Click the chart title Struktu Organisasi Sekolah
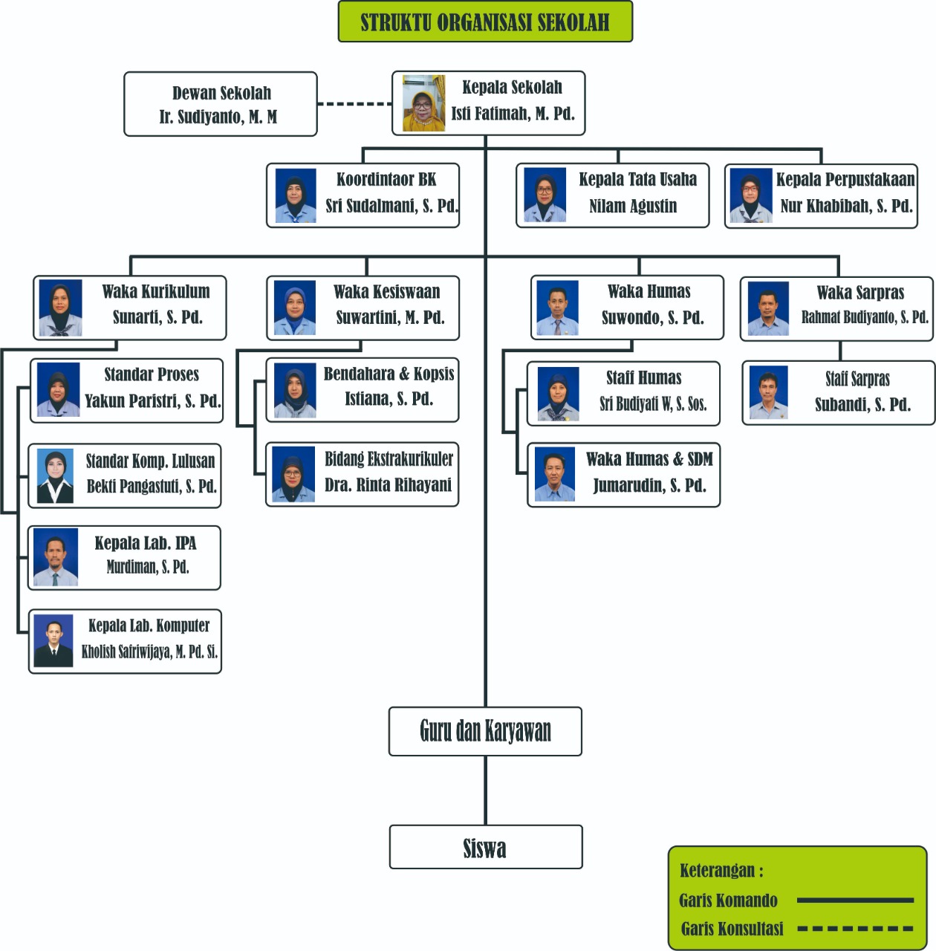click(485, 22)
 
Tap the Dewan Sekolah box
click(221, 104)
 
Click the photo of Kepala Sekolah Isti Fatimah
click(423, 103)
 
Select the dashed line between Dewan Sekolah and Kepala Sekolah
click(354, 103)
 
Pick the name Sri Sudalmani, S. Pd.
click(391, 206)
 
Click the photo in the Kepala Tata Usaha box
click(545, 195)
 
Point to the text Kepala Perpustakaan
click(845, 179)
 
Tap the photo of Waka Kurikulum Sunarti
click(60, 308)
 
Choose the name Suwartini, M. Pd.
click(390, 318)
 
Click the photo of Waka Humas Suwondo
click(557, 308)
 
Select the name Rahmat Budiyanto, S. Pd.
click(865, 317)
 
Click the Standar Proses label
click(152, 374)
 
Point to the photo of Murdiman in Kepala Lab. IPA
click(56, 557)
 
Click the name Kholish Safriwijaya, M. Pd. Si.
click(149, 652)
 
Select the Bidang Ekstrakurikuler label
click(389, 459)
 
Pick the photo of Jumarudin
click(555, 475)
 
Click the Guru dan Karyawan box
click(485, 731)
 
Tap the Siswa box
click(485, 848)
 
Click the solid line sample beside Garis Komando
click(854, 900)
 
